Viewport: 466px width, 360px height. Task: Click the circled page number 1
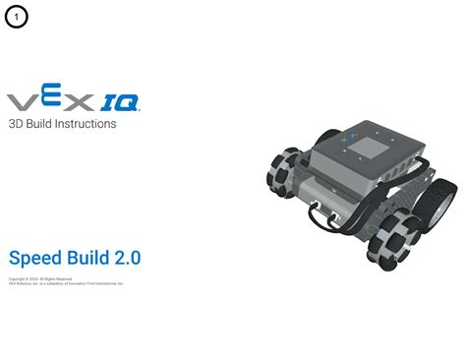[x=18, y=18]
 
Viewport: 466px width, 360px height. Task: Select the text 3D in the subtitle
[x=16, y=125]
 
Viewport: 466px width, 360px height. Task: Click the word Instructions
[x=86, y=125]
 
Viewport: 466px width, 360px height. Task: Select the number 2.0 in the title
[x=128, y=258]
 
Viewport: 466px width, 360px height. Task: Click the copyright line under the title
[x=39, y=278]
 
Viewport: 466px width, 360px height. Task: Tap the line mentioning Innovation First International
[x=65, y=283]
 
